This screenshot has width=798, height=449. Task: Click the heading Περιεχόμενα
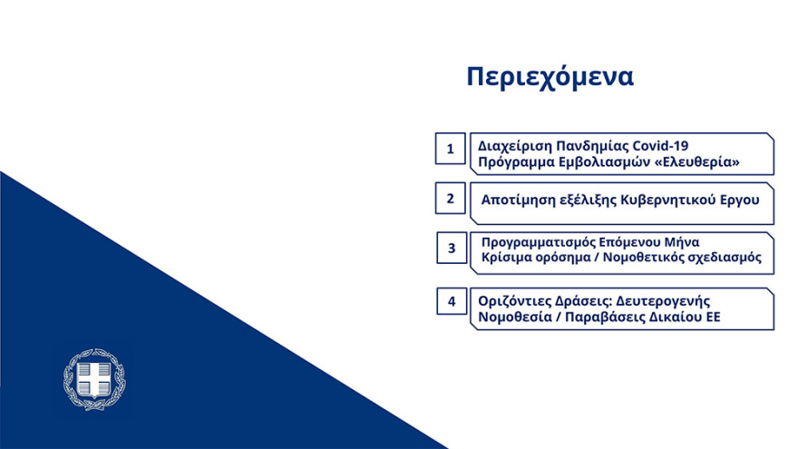pyautogui.click(x=550, y=77)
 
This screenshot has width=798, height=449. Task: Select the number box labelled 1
pyautogui.click(x=451, y=148)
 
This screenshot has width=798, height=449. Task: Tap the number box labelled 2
pyautogui.click(x=451, y=198)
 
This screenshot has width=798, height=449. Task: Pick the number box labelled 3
pyautogui.click(x=451, y=248)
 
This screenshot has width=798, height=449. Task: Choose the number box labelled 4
pyautogui.click(x=451, y=300)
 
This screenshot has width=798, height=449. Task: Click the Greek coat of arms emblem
pyautogui.click(x=94, y=378)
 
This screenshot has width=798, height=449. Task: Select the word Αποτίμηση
pyautogui.click(x=516, y=198)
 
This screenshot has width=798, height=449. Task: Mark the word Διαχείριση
pyautogui.click(x=514, y=145)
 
